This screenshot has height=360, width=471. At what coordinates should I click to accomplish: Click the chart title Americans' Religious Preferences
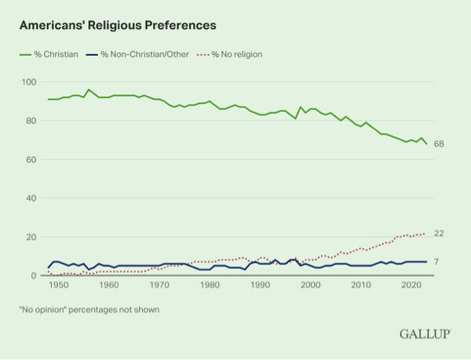pos(117,25)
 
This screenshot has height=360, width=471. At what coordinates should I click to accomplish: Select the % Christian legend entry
pos(50,54)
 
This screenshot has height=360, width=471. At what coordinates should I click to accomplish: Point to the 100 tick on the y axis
pos(29,82)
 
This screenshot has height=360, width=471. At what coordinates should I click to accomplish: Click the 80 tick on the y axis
pos(31,121)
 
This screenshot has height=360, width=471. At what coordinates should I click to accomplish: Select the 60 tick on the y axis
pos(31,159)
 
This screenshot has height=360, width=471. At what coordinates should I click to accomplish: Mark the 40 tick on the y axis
pos(31,198)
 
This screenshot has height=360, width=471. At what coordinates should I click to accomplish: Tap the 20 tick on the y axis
pos(31,237)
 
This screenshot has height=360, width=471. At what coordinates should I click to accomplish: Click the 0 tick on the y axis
pos(34,275)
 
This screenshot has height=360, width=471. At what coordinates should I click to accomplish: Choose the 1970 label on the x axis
pos(159,287)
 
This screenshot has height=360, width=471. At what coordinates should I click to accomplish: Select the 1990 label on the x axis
pos(260,287)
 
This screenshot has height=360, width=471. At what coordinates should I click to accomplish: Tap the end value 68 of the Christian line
pos(439,144)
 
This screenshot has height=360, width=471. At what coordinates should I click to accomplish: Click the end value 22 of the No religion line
pos(439,233)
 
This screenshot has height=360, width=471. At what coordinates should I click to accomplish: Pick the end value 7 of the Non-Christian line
pos(436,262)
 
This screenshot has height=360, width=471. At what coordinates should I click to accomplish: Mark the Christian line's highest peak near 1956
pos(88,89)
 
